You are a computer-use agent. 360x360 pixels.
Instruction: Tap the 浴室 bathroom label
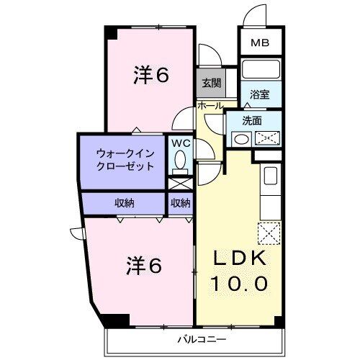coord(261,94)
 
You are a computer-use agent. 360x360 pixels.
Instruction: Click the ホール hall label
coord(210,105)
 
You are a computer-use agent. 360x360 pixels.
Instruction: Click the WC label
coord(181,143)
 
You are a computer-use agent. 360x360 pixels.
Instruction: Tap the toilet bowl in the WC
coord(180,164)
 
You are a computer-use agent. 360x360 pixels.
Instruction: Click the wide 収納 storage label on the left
coord(124,202)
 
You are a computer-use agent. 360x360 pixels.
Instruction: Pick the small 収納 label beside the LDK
coord(180,202)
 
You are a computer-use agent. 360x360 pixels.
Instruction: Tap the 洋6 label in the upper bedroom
coord(151,76)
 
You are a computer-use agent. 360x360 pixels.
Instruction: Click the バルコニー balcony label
coord(202,338)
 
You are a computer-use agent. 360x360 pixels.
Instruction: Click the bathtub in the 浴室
coord(261,71)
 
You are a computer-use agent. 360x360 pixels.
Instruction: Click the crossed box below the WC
coord(180,184)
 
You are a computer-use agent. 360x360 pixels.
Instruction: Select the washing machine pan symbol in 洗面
coord(268,138)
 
